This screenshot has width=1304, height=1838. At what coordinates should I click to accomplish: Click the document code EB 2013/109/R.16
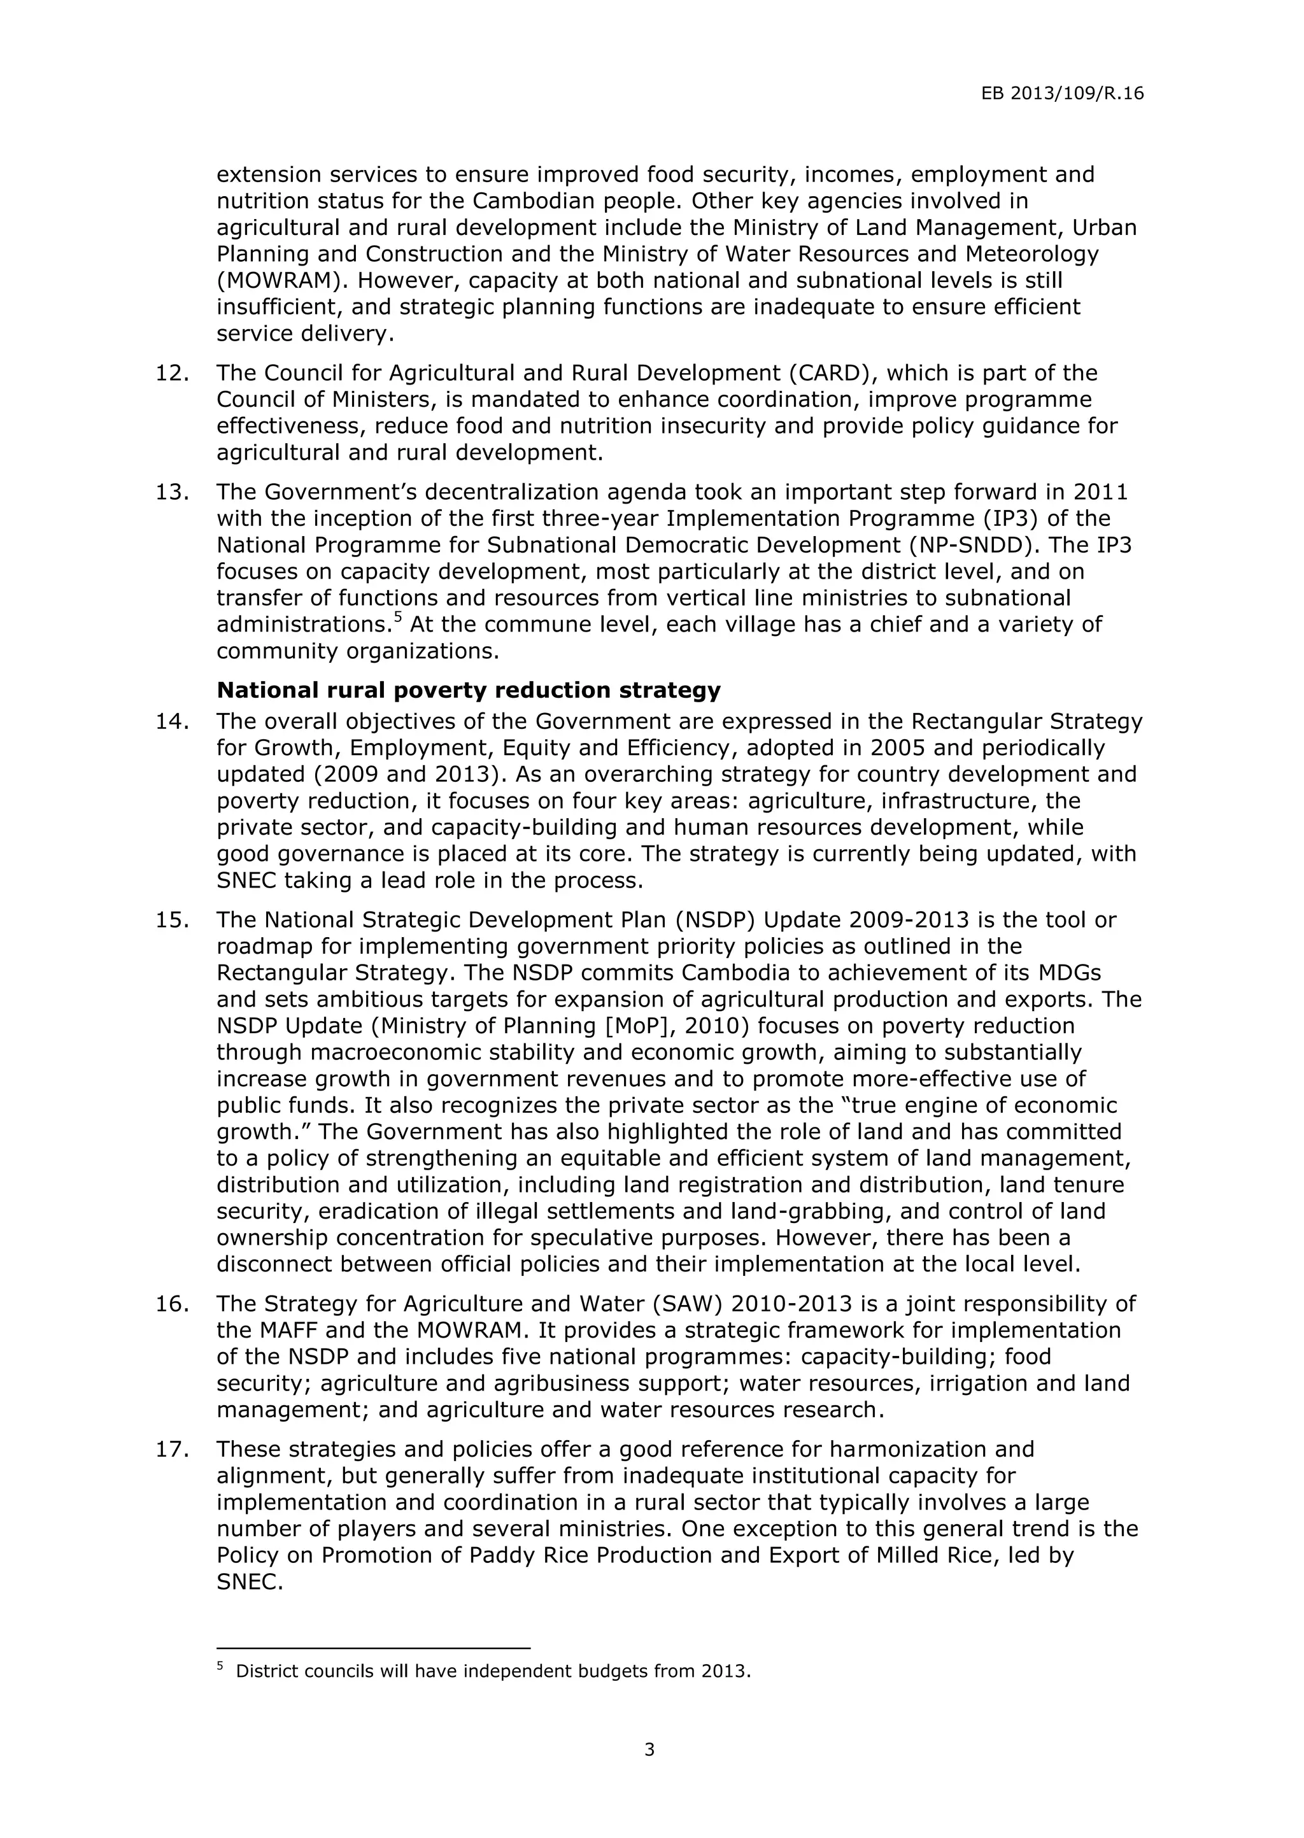(x=1061, y=94)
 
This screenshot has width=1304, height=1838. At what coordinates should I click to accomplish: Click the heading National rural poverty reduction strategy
(x=468, y=690)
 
